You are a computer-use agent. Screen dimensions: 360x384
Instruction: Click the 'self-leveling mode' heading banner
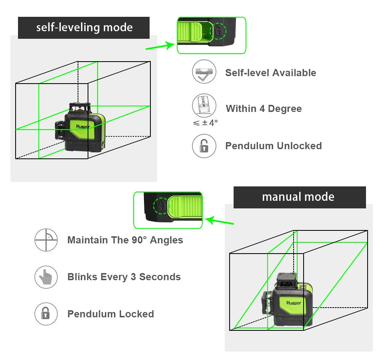[84, 28]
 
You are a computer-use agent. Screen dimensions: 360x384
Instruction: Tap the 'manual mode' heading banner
[299, 197]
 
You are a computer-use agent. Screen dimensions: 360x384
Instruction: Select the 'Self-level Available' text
[270, 73]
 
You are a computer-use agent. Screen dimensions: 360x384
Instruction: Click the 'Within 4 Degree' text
[264, 109]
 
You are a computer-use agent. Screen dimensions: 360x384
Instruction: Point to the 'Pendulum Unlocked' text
[273, 146]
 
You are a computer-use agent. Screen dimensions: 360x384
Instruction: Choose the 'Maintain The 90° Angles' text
[125, 240]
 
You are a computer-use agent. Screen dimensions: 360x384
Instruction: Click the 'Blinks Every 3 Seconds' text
[124, 277]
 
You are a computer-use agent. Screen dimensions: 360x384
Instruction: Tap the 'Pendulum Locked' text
[110, 314]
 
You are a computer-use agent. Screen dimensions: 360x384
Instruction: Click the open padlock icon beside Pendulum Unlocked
[204, 146]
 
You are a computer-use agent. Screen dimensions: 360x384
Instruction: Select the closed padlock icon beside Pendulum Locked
[46, 314]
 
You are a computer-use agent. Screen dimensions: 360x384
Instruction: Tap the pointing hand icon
[46, 277]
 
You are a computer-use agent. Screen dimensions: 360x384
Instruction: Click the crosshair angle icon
[46, 240]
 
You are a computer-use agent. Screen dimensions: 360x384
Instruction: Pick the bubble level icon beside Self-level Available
[204, 72]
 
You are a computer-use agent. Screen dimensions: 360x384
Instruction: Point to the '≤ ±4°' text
[205, 123]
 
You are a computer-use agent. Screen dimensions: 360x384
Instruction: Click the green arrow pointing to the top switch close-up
[160, 47]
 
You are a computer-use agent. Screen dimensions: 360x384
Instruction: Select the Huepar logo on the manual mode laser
[294, 303]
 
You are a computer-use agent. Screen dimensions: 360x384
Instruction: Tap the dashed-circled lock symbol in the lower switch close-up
[161, 206]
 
